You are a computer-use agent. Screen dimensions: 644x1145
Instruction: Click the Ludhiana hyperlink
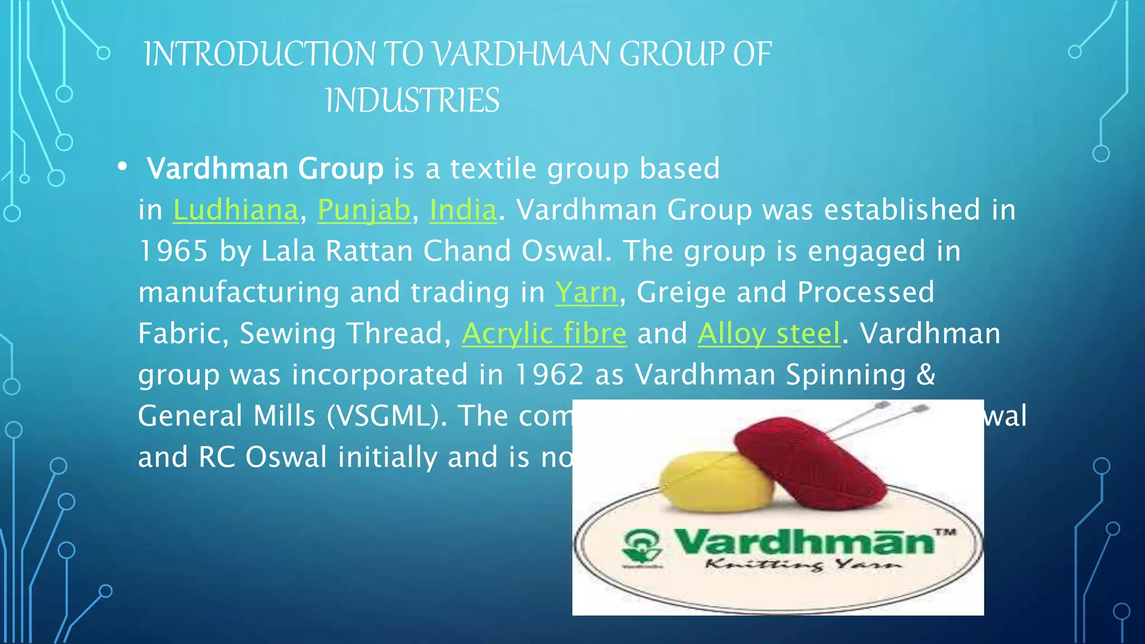point(235,210)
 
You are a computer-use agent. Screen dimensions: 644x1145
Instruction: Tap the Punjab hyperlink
point(364,210)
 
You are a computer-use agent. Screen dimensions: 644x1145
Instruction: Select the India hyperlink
point(463,210)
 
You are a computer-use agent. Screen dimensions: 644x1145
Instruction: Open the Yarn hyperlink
point(586,292)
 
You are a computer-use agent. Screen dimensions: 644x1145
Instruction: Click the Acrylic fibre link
point(544,334)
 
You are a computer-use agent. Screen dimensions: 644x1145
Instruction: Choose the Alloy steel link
point(769,334)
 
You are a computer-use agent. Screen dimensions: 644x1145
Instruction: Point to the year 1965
point(173,251)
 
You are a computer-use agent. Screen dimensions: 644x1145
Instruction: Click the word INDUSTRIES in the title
point(412,101)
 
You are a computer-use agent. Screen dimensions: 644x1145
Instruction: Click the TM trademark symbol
point(945,532)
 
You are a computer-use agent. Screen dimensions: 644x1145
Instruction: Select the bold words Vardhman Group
point(265,168)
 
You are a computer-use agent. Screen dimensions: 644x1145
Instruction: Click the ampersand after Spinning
point(926,375)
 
